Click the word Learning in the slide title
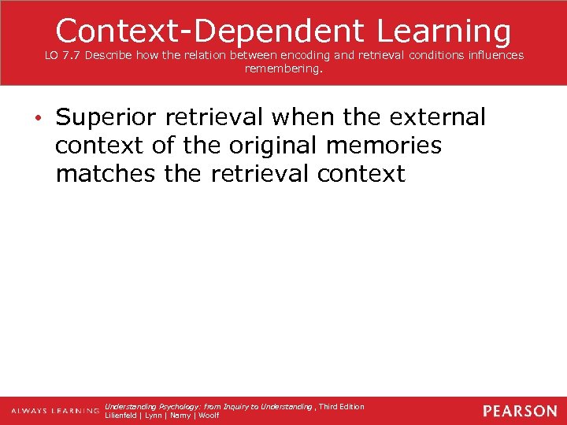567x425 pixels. pos(444,31)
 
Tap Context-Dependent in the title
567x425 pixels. pos(209,31)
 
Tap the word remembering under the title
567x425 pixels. pos(283,68)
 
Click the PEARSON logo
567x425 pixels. pos(519,411)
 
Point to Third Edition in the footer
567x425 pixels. pos(342,406)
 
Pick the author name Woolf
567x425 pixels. pos(209,416)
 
